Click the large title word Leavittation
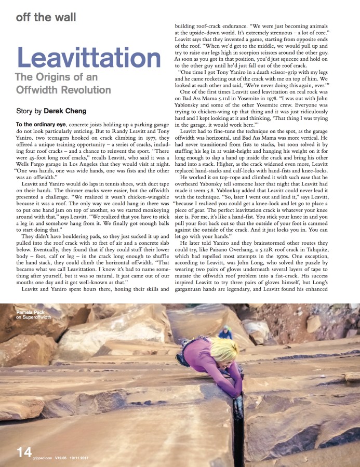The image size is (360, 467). (89, 58)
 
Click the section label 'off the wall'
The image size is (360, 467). (46, 17)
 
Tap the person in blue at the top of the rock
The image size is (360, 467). (225, 332)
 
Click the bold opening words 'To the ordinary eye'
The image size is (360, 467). (37, 123)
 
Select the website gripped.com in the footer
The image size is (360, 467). (42, 459)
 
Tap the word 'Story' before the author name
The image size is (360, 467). (25, 111)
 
